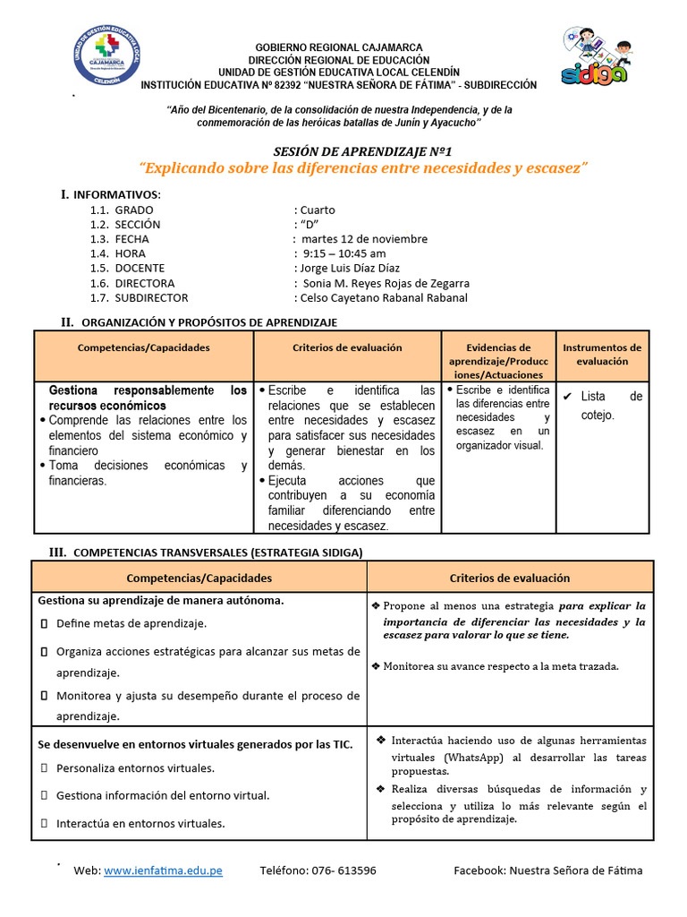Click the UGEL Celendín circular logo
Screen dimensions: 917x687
point(106,56)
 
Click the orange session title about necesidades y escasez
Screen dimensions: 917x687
point(363,168)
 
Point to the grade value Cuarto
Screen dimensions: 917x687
point(318,210)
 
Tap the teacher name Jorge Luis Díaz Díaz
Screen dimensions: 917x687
point(350,268)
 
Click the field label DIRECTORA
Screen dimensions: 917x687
point(147,283)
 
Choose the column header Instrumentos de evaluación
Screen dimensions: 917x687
point(602,355)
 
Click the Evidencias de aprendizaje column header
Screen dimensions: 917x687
point(499,361)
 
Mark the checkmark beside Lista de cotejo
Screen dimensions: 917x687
point(567,396)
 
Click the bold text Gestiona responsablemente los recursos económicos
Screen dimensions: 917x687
point(148,399)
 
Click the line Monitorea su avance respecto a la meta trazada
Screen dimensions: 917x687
point(500,665)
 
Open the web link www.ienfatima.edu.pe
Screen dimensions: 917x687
point(163,870)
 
